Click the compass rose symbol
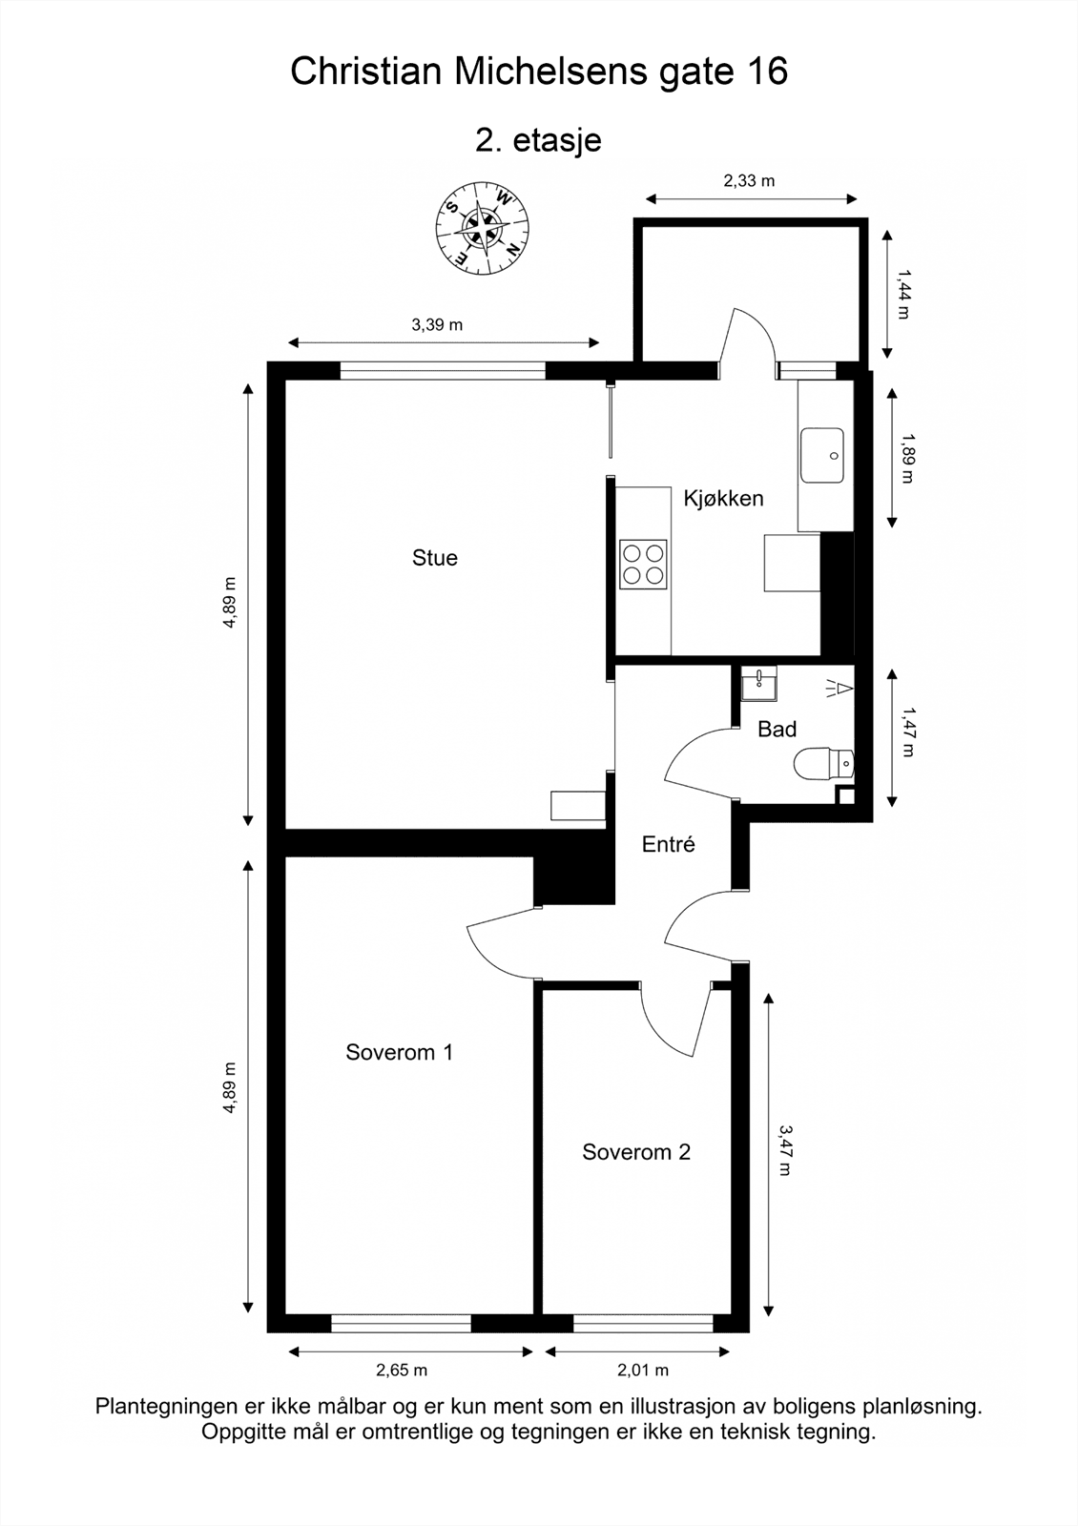pyautogui.click(x=483, y=228)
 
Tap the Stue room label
pyautogui.click(x=435, y=558)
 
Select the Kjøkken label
pyautogui.click(x=723, y=499)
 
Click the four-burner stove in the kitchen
pyautogui.click(x=643, y=564)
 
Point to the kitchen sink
pyautogui.click(x=821, y=455)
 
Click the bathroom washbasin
pyautogui.click(x=758, y=683)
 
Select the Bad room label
pyautogui.click(x=777, y=730)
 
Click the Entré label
pyautogui.click(x=669, y=845)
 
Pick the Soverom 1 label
pyautogui.click(x=400, y=1052)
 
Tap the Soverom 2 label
pyautogui.click(x=636, y=1152)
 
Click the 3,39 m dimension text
pyautogui.click(x=437, y=325)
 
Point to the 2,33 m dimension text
pyautogui.click(x=749, y=180)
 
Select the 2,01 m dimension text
pyautogui.click(x=643, y=1370)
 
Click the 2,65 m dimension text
pyautogui.click(x=402, y=1370)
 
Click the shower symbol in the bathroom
pyautogui.click(x=840, y=689)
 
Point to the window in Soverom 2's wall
pyautogui.click(x=643, y=1323)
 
